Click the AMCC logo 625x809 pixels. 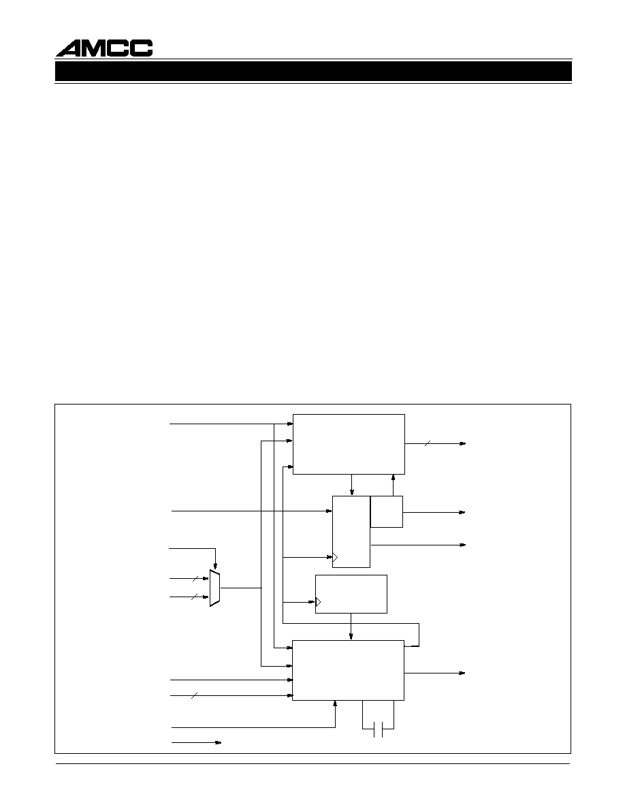click(104, 48)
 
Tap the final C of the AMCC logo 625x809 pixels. click(142, 48)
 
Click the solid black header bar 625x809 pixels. click(314, 72)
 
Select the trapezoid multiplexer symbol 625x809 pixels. click(215, 588)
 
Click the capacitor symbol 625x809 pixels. click(378, 729)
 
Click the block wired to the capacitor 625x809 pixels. click(348, 670)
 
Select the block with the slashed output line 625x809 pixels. click(349, 444)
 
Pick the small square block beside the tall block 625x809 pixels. click(386, 511)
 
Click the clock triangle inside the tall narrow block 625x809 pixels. click(335, 557)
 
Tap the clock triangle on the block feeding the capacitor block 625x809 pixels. click(318, 601)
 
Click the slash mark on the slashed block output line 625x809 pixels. click(427, 443)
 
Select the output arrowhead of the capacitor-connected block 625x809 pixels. click(462, 673)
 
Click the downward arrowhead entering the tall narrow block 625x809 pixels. click(352, 492)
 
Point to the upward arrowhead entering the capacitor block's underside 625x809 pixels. click(335, 704)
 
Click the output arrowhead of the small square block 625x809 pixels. click(462, 512)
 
